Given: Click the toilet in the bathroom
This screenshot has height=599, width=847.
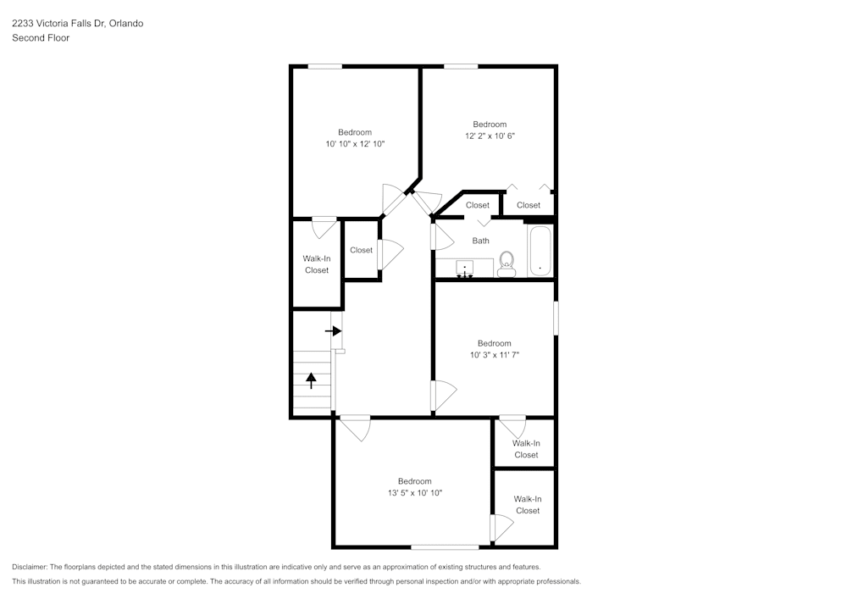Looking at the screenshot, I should point(507,263).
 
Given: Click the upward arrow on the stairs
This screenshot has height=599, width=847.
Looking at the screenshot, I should point(311,380).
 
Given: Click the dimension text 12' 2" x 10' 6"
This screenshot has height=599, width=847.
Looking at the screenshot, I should point(490,136).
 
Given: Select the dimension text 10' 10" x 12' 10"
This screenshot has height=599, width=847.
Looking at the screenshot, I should point(355,144).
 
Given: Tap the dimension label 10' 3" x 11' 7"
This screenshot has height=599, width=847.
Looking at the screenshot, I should point(494,355).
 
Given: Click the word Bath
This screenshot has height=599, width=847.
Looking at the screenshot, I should point(480,241).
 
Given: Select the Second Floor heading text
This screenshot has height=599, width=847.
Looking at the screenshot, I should point(41,38).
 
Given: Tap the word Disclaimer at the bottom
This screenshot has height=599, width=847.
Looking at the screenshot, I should point(30,567).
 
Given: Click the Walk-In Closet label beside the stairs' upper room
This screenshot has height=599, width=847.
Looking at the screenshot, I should point(317,264).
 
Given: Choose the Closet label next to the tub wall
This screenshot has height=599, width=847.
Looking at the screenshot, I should point(529,205).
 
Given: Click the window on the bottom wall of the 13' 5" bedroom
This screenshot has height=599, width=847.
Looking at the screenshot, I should point(445,546).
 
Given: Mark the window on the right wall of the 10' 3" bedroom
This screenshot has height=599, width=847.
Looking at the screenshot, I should point(556,319).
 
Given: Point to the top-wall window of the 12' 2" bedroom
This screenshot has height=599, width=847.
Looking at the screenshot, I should point(461,66).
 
